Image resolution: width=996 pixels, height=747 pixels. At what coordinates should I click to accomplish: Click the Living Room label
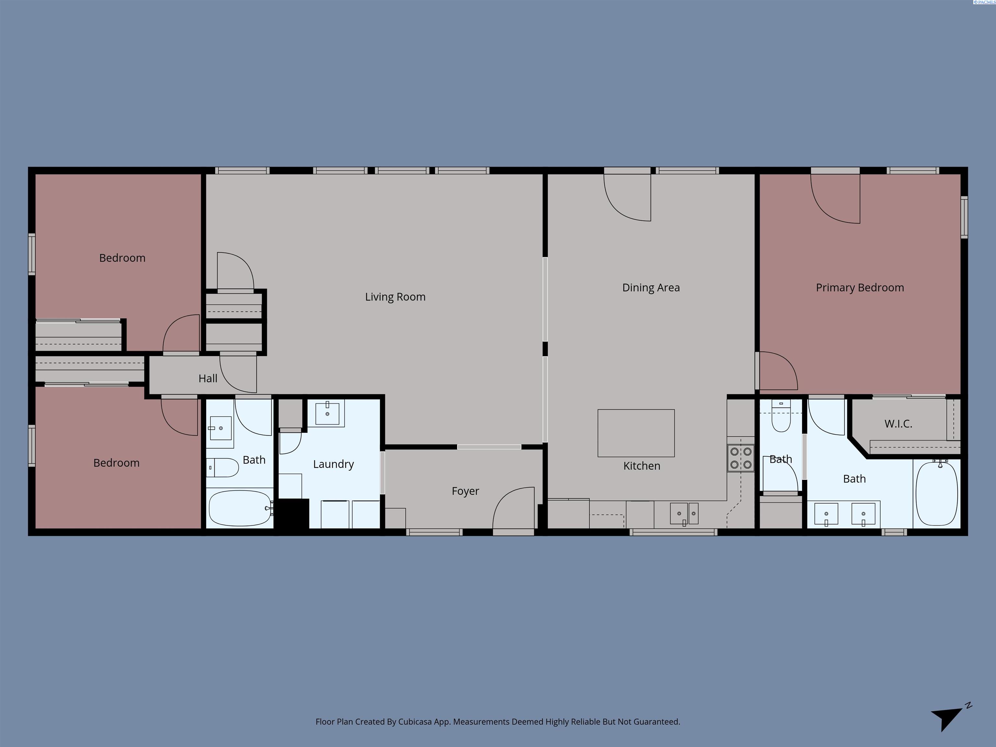point(395,297)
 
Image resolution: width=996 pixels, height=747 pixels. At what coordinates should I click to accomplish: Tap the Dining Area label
point(651,288)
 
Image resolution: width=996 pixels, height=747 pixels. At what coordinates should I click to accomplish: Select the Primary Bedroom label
point(860,288)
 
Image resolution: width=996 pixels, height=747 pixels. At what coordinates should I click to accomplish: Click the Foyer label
point(465,491)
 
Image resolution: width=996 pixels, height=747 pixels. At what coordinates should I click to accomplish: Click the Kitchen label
point(642,466)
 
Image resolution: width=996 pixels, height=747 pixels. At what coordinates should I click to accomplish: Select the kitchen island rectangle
point(636,433)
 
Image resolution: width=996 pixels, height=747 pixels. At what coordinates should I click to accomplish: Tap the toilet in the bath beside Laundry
point(222,468)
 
